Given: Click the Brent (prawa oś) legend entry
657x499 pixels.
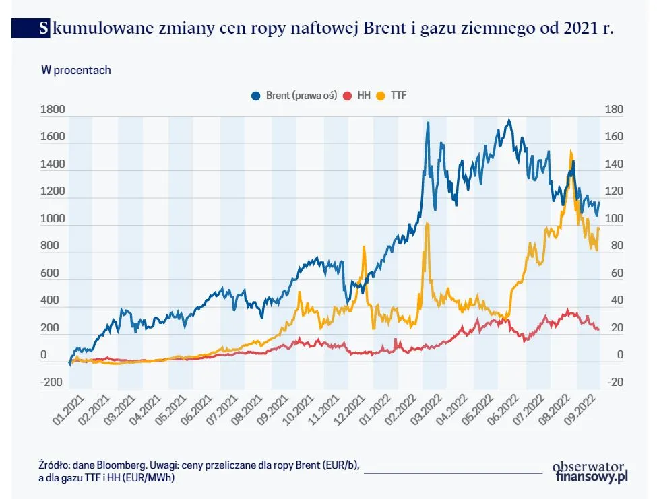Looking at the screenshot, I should click(x=293, y=96).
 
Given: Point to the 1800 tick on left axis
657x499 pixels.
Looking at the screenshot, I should click(x=53, y=110).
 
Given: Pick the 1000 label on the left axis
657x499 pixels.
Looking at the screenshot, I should click(x=53, y=219).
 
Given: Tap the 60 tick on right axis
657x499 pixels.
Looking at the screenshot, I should click(x=615, y=273).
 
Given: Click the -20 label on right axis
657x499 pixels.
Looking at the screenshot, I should click(x=615, y=382).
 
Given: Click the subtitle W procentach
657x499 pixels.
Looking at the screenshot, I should click(x=76, y=69).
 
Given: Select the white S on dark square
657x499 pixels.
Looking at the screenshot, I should click(x=44, y=29).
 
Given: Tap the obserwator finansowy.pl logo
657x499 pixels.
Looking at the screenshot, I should click(x=590, y=471).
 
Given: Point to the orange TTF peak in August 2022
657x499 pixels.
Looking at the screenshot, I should click(x=571, y=152).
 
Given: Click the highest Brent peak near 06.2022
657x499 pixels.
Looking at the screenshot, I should click(x=509, y=121).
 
